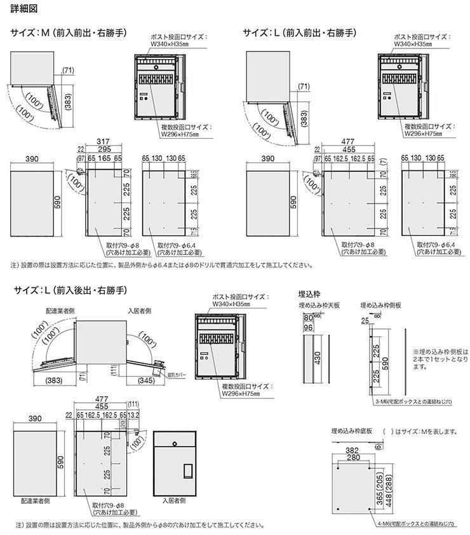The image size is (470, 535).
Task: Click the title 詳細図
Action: point(21,8)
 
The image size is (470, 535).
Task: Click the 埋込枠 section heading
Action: point(309,295)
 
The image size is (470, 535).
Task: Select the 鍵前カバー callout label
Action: point(178,375)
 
